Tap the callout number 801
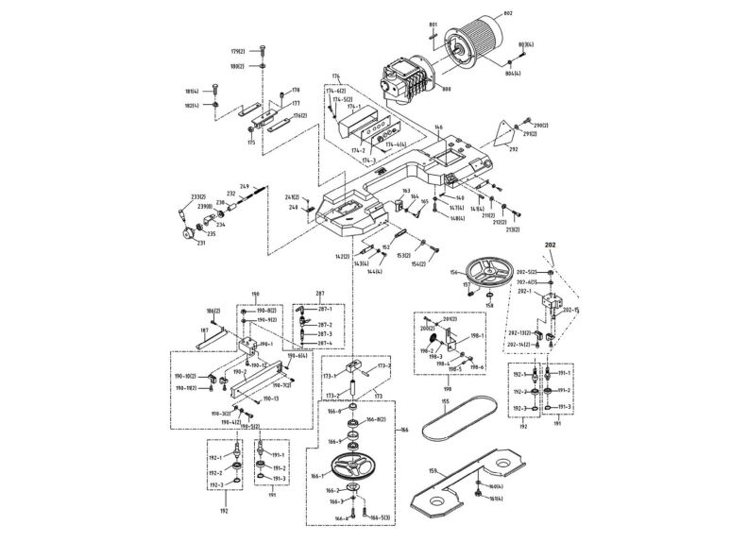[x=433, y=23]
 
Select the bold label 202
[x=551, y=244]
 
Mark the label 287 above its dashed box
[x=320, y=294]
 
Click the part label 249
[x=244, y=186]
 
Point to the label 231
[x=200, y=243]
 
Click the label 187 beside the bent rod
[x=203, y=330]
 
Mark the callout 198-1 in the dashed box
[x=476, y=336]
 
